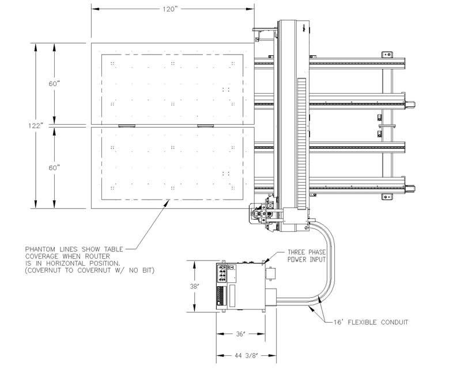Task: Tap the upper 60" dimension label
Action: click(x=55, y=83)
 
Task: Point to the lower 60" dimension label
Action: click(x=55, y=167)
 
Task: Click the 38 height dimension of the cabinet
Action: click(x=197, y=286)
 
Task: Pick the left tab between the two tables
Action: click(x=126, y=125)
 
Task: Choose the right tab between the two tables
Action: click(x=205, y=125)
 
